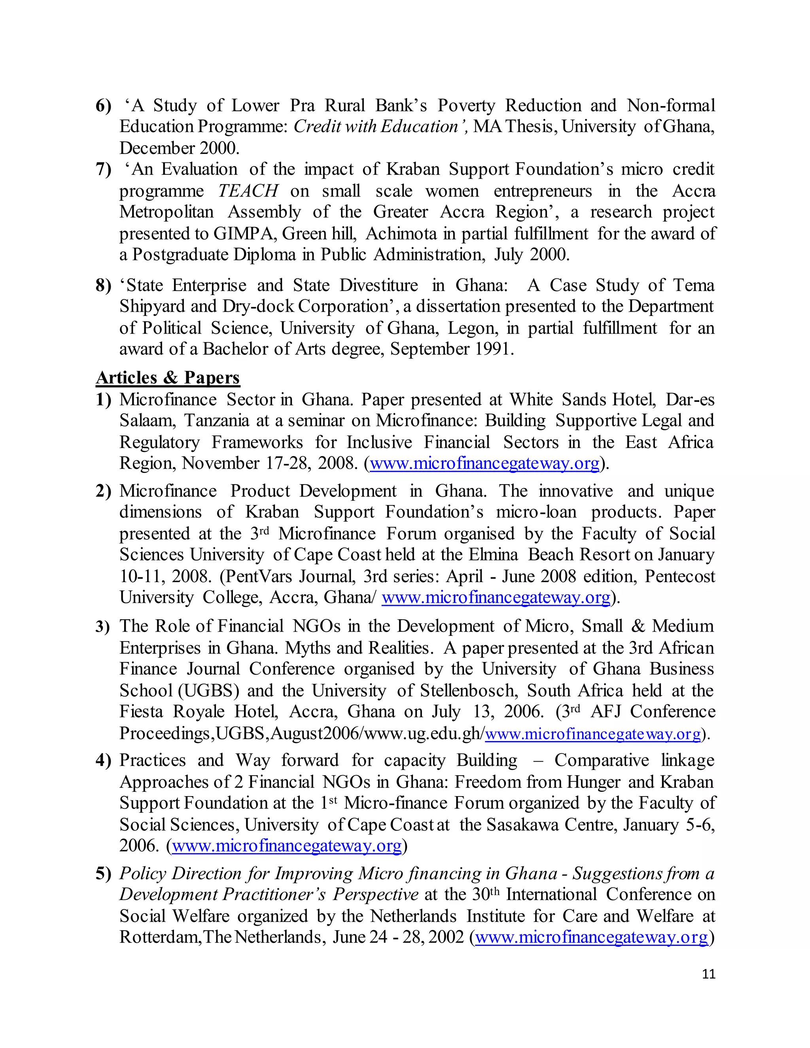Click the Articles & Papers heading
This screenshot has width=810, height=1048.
click(x=167, y=378)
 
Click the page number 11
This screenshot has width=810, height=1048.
click(x=708, y=984)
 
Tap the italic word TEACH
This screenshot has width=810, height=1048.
click(x=248, y=191)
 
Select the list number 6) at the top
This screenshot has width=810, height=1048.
click(x=103, y=106)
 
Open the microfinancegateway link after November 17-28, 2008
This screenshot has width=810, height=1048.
click(x=484, y=463)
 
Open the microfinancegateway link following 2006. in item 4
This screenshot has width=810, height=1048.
click(x=286, y=846)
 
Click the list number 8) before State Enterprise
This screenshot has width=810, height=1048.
click(x=103, y=286)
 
